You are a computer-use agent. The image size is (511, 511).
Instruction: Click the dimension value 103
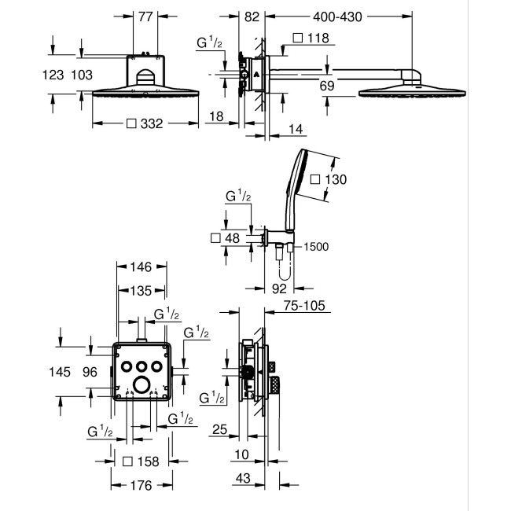(82, 75)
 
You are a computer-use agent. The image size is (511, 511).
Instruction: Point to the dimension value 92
(278, 289)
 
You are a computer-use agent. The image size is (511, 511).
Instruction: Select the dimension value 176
(142, 485)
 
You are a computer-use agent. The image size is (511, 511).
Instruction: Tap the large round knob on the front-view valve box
(142, 384)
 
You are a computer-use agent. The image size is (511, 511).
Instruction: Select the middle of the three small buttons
(142, 365)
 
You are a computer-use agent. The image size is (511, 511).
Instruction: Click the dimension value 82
(252, 15)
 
